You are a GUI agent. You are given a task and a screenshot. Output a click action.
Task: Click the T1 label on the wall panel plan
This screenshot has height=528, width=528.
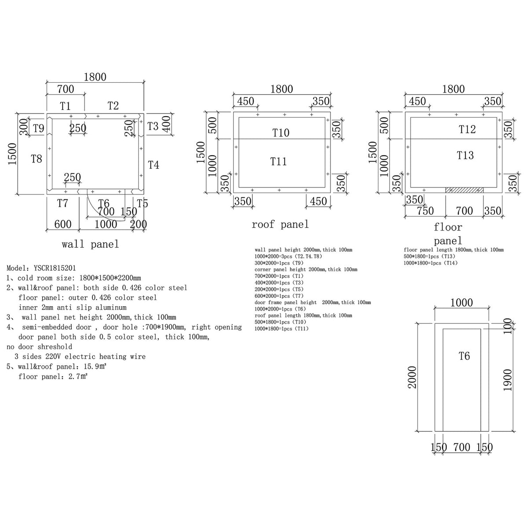[x=65, y=106]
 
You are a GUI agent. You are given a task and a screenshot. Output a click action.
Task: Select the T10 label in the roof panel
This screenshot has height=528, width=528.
[x=281, y=133]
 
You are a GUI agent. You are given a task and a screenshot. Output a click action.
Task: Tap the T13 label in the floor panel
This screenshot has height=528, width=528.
[x=465, y=155]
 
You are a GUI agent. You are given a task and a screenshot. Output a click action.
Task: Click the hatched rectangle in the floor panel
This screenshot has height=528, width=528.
[x=464, y=190]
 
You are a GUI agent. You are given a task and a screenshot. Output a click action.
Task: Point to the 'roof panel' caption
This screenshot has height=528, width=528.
[x=280, y=224]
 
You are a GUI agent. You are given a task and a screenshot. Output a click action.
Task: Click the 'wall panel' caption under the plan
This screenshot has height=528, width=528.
[x=91, y=244]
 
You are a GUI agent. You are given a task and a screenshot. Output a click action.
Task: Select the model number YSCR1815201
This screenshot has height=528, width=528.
[x=55, y=268]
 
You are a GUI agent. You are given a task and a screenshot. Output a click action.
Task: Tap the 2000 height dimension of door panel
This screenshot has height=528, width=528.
[x=412, y=378]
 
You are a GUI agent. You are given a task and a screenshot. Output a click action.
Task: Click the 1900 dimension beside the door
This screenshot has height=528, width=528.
[x=507, y=380]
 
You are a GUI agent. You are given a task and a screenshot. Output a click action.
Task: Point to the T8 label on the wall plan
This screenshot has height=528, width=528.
[x=37, y=159]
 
